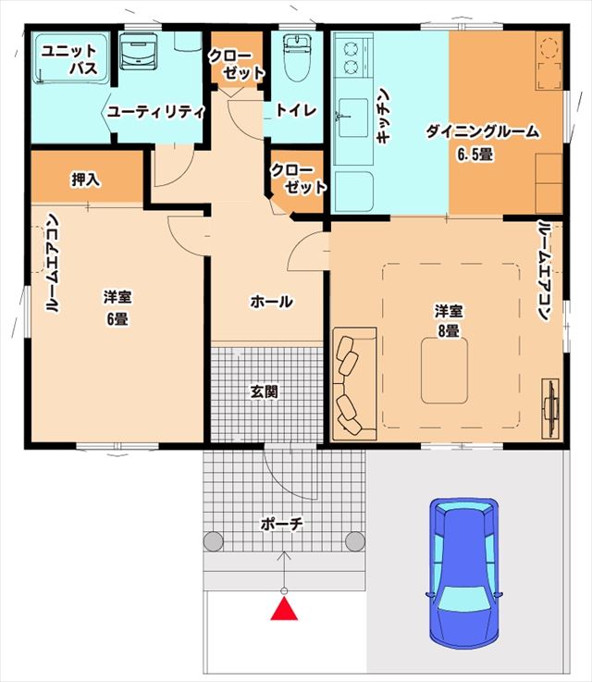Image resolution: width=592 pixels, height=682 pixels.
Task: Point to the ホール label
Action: point(271,302)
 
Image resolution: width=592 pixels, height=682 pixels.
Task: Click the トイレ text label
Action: point(297,110)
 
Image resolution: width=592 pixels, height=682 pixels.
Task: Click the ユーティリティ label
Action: point(155,111)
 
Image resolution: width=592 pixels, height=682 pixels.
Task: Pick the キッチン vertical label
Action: point(386,116)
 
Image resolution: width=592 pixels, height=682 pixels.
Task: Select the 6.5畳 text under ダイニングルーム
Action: point(475,154)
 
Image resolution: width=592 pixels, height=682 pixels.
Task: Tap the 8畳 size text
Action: point(448,330)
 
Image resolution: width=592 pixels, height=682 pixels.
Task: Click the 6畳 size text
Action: point(116,318)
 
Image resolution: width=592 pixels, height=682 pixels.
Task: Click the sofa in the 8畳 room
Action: point(353,382)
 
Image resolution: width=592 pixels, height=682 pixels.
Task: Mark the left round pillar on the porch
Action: point(215,541)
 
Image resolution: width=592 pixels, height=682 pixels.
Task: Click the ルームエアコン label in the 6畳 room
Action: point(53,266)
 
